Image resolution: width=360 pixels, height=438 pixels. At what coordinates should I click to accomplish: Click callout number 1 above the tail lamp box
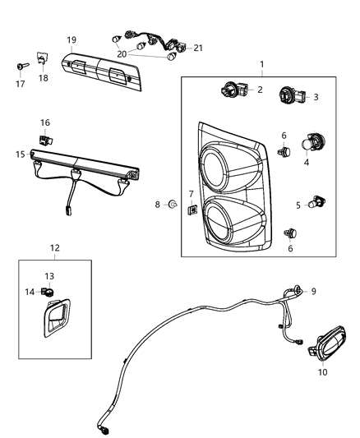click(x=261, y=64)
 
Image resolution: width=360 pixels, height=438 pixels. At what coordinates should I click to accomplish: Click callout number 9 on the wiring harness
click(x=312, y=291)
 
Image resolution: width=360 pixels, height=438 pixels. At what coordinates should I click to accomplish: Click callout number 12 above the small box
click(x=54, y=247)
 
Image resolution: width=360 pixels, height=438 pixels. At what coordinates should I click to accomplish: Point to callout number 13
click(x=49, y=276)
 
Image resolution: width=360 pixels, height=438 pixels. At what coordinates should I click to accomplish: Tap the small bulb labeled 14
click(x=48, y=291)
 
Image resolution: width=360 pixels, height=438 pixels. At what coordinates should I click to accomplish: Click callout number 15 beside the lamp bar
click(x=20, y=153)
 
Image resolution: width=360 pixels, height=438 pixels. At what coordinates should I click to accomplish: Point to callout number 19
click(x=72, y=39)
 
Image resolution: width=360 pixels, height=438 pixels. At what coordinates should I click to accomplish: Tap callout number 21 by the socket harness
click(x=197, y=48)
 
